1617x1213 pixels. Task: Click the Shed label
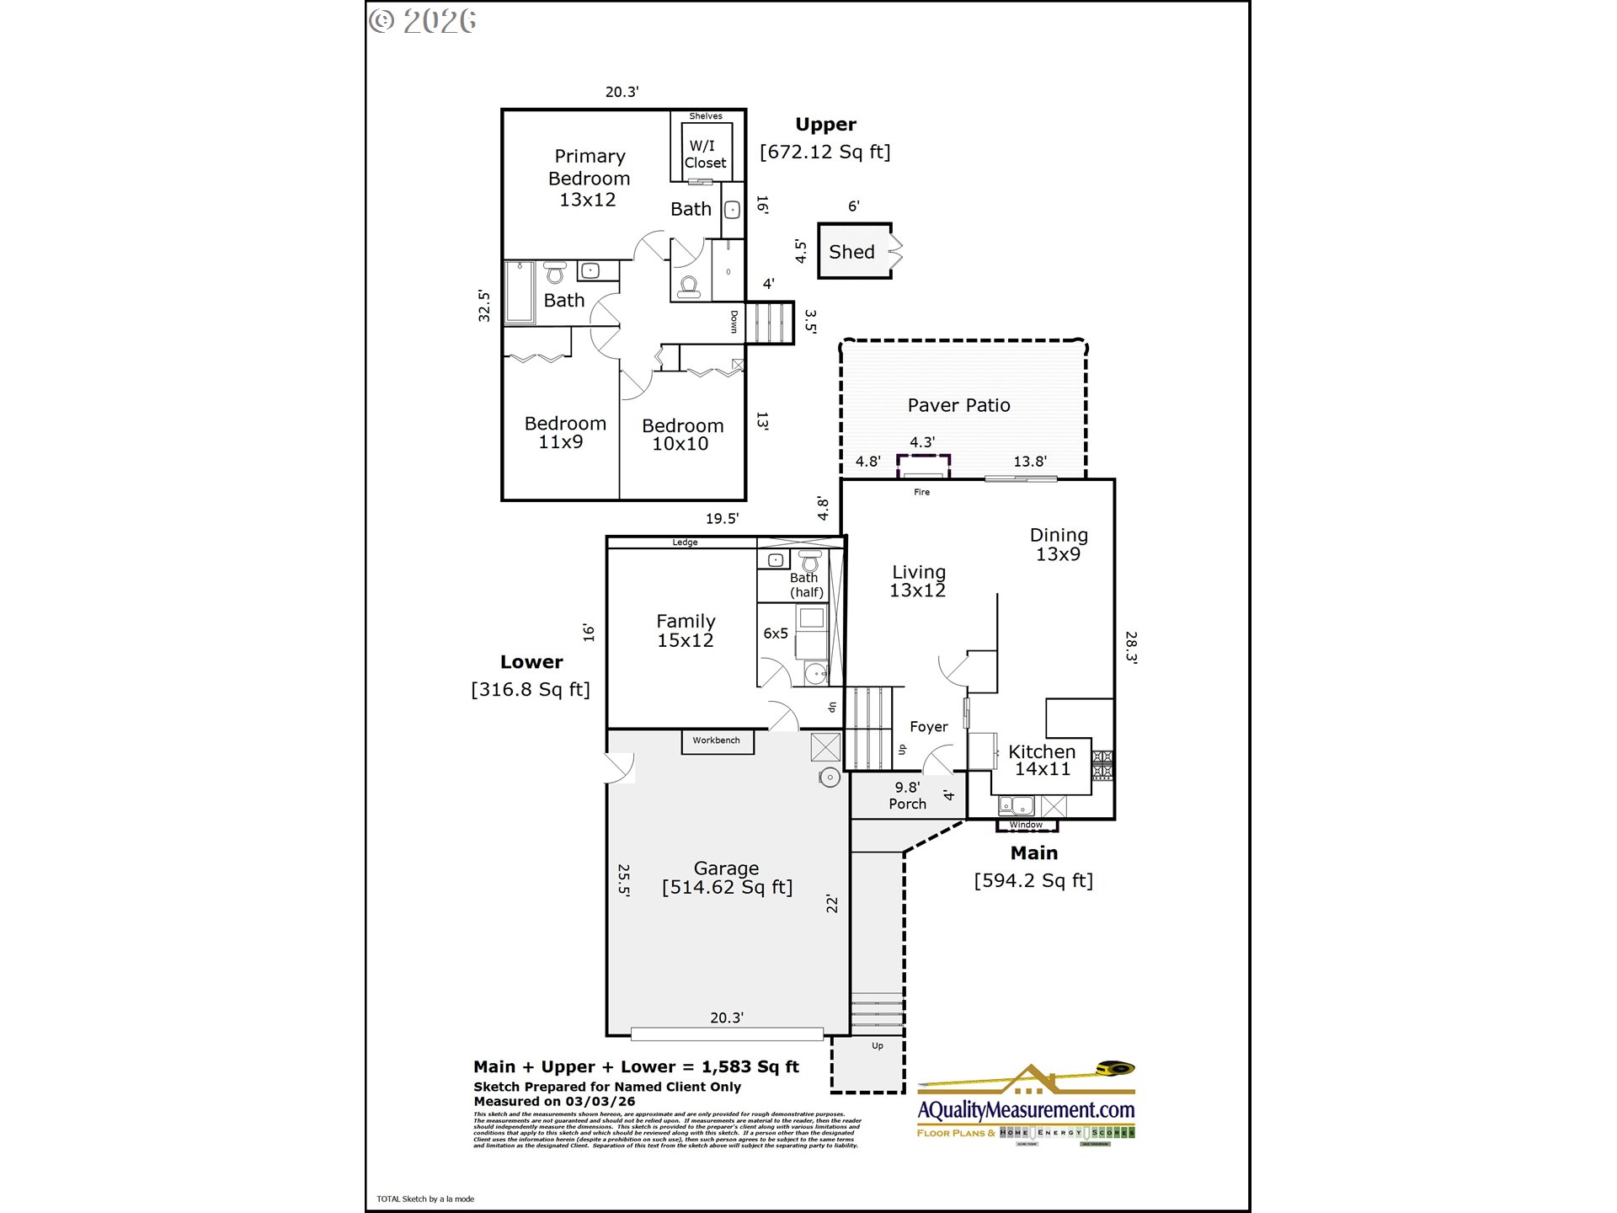pos(851,252)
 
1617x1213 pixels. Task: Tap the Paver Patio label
pos(958,405)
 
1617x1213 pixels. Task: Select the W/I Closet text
pos(705,154)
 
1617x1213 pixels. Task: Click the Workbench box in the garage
pos(717,740)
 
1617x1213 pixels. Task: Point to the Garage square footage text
pos(727,887)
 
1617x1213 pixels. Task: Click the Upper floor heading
pos(825,125)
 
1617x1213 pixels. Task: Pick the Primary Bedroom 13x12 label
pos(589,178)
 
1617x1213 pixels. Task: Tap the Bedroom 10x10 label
pos(682,435)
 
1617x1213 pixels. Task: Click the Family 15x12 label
pos(686,630)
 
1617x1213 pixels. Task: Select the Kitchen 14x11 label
pos(1042,760)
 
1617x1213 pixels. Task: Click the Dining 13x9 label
pos(1059,544)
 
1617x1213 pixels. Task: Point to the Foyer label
pos(928,727)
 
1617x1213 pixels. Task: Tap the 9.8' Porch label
pos(907,795)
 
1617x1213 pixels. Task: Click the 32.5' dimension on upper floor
pos(484,306)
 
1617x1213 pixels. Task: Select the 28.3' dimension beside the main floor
pos(1131,647)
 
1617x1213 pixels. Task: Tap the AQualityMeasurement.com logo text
pos(1026,1110)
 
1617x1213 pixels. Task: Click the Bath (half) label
pos(806,585)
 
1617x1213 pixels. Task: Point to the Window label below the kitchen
pos(1026,825)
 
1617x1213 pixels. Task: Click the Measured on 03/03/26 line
pos(554,1101)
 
